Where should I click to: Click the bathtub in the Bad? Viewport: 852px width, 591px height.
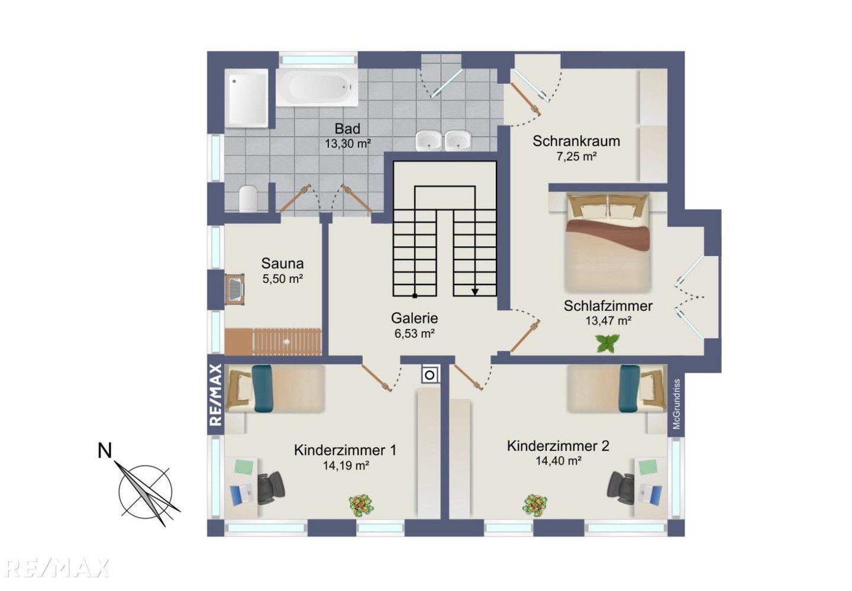[x=317, y=88]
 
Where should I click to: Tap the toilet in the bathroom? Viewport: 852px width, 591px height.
[x=248, y=198]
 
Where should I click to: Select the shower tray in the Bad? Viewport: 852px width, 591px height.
[x=247, y=98]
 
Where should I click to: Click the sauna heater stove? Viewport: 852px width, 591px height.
[x=234, y=289]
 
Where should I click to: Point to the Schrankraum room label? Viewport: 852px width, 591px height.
[x=576, y=141]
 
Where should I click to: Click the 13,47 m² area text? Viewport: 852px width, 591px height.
[x=608, y=321]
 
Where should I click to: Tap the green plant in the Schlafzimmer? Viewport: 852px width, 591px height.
[x=608, y=343]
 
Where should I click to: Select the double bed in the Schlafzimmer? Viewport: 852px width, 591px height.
[x=608, y=243]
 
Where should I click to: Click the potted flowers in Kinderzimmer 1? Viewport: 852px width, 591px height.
[x=361, y=505]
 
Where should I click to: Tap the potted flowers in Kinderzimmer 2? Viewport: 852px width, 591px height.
[x=535, y=505]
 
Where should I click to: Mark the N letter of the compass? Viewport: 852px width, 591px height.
[x=105, y=451]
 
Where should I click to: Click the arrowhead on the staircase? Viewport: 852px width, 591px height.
[x=475, y=292]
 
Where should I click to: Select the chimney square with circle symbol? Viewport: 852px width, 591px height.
[x=430, y=375]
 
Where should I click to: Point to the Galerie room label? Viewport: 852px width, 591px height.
[x=414, y=318]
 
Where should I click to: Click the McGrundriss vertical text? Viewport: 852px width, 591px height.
[x=676, y=403]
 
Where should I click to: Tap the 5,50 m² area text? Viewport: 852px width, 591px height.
[x=282, y=279]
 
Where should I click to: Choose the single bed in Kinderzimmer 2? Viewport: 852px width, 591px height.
[x=617, y=389]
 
